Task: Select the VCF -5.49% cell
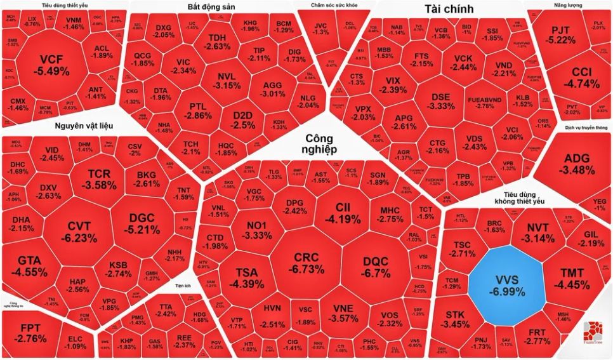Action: (55, 65)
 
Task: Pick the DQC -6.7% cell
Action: (376, 267)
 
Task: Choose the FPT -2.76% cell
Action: (30, 333)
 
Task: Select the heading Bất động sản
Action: (211, 7)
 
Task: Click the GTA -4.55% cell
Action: (32, 266)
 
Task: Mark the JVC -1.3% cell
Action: (321, 28)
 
